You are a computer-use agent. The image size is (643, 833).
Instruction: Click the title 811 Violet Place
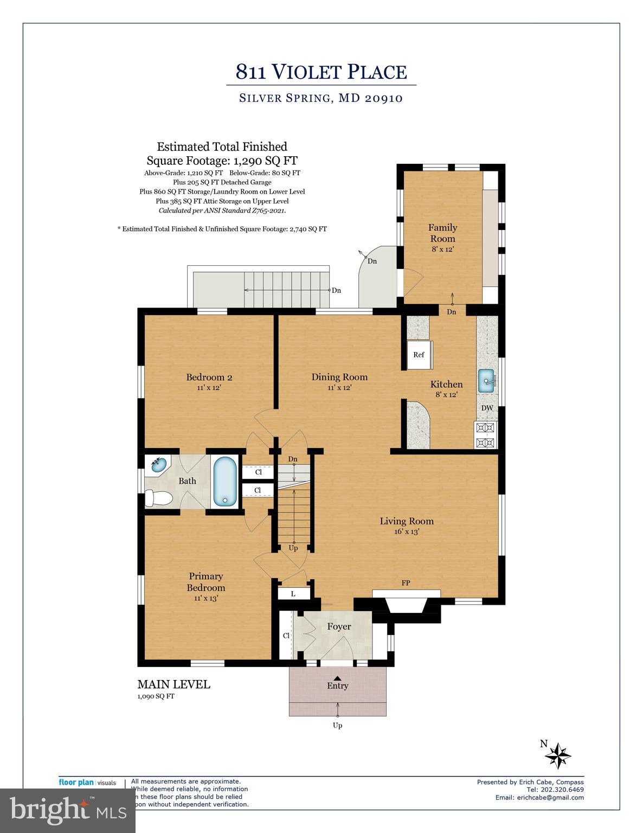click(321, 72)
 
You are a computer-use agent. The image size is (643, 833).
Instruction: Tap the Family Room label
click(443, 233)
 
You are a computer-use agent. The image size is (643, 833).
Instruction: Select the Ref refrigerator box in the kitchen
click(419, 355)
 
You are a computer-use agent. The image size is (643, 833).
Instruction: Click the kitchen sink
click(487, 381)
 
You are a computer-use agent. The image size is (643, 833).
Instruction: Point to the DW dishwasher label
click(487, 408)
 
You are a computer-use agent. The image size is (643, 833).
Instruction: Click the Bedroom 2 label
click(209, 377)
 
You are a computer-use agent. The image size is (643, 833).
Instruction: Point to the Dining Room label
click(339, 377)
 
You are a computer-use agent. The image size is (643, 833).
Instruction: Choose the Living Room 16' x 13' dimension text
click(406, 532)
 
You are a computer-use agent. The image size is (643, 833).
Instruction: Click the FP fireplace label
click(406, 583)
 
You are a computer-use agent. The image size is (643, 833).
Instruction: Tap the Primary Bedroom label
click(206, 582)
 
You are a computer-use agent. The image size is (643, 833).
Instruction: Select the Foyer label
click(339, 627)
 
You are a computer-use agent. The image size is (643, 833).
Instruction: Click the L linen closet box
click(293, 594)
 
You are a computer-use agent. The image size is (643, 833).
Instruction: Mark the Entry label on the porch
click(337, 685)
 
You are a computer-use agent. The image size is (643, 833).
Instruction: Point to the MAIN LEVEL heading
click(173, 684)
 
